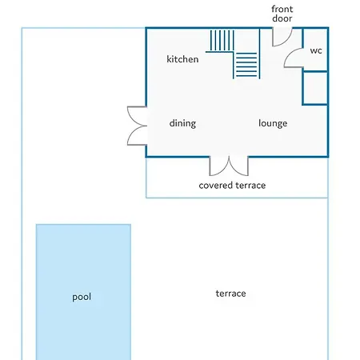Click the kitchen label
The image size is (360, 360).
click(182, 59)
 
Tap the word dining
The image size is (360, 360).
click(182, 123)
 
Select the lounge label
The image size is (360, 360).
click(273, 123)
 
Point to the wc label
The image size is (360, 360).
click(316, 50)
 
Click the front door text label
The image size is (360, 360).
click(282, 14)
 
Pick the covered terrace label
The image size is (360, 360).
click(232, 186)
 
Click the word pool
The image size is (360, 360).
click(82, 297)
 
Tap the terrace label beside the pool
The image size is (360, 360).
click(230, 294)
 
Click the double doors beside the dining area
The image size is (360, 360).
click(137, 126)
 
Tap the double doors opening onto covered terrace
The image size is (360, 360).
click(229, 166)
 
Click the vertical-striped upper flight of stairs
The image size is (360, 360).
click(222, 41)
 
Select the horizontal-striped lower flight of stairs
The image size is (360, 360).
click(246, 66)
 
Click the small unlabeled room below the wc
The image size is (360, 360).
click(315, 88)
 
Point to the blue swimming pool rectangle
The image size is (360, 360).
click(83, 292)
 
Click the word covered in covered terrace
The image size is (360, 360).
click(214, 186)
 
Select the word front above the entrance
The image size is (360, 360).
click(282, 9)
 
